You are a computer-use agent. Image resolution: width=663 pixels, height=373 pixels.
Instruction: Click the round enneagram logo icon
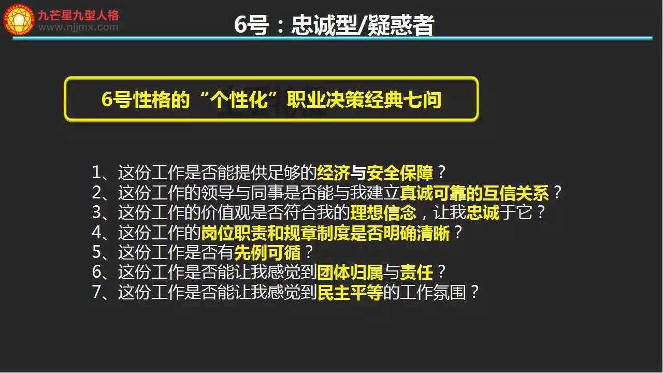pyautogui.click(x=19, y=20)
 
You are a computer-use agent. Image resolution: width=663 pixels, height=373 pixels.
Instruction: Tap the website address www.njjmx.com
pyautogui.click(x=78, y=27)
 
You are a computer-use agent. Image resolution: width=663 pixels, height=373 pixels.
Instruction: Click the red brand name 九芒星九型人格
pyautogui.click(x=78, y=15)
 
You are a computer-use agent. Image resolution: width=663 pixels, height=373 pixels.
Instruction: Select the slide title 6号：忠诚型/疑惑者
pyautogui.click(x=334, y=25)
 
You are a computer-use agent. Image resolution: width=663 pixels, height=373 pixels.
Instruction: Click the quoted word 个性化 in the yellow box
pyautogui.click(x=239, y=99)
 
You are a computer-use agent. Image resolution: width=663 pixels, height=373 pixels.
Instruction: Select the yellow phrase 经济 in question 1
pyautogui.click(x=333, y=173)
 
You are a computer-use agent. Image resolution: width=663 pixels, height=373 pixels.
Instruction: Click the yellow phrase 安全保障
pyautogui.click(x=399, y=173)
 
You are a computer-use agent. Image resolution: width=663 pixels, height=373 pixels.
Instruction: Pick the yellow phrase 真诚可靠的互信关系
pyautogui.click(x=474, y=192)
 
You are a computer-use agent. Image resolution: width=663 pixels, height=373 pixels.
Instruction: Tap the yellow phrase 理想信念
pyautogui.click(x=383, y=212)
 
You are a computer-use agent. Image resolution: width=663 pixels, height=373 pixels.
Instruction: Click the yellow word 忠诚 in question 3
pyautogui.click(x=482, y=212)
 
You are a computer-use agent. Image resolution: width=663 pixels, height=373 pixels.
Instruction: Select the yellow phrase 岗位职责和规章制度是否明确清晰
pyautogui.click(x=326, y=233)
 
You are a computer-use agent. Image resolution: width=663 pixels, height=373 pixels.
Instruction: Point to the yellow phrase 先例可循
pyautogui.click(x=267, y=252)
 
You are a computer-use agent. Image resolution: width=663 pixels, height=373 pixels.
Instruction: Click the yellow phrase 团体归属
pyautogui.click(x=350, y=272)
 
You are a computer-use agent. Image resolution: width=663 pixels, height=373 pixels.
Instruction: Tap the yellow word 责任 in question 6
pyautogui.click(x=416, y=272)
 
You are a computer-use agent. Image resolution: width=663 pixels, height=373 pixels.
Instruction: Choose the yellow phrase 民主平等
pyautogui.click(x=350, y=292)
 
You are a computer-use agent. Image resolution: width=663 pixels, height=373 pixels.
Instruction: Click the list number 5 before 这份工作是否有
pyautogui.click(x=96, y=252)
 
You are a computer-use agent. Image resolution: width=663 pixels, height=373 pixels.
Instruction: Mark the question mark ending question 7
pyautogui.click(x=474, y=292)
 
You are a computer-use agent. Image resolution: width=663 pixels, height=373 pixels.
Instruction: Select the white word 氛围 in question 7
pyautogui.click(x=449, y=292)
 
